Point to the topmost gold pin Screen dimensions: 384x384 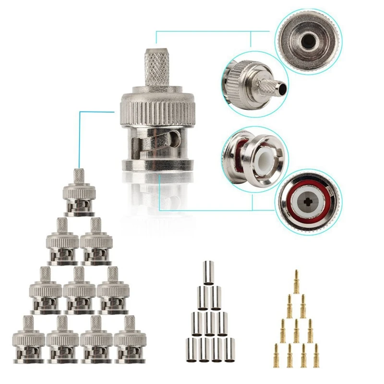point(296,280)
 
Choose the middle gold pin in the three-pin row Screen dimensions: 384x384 point(296,329)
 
